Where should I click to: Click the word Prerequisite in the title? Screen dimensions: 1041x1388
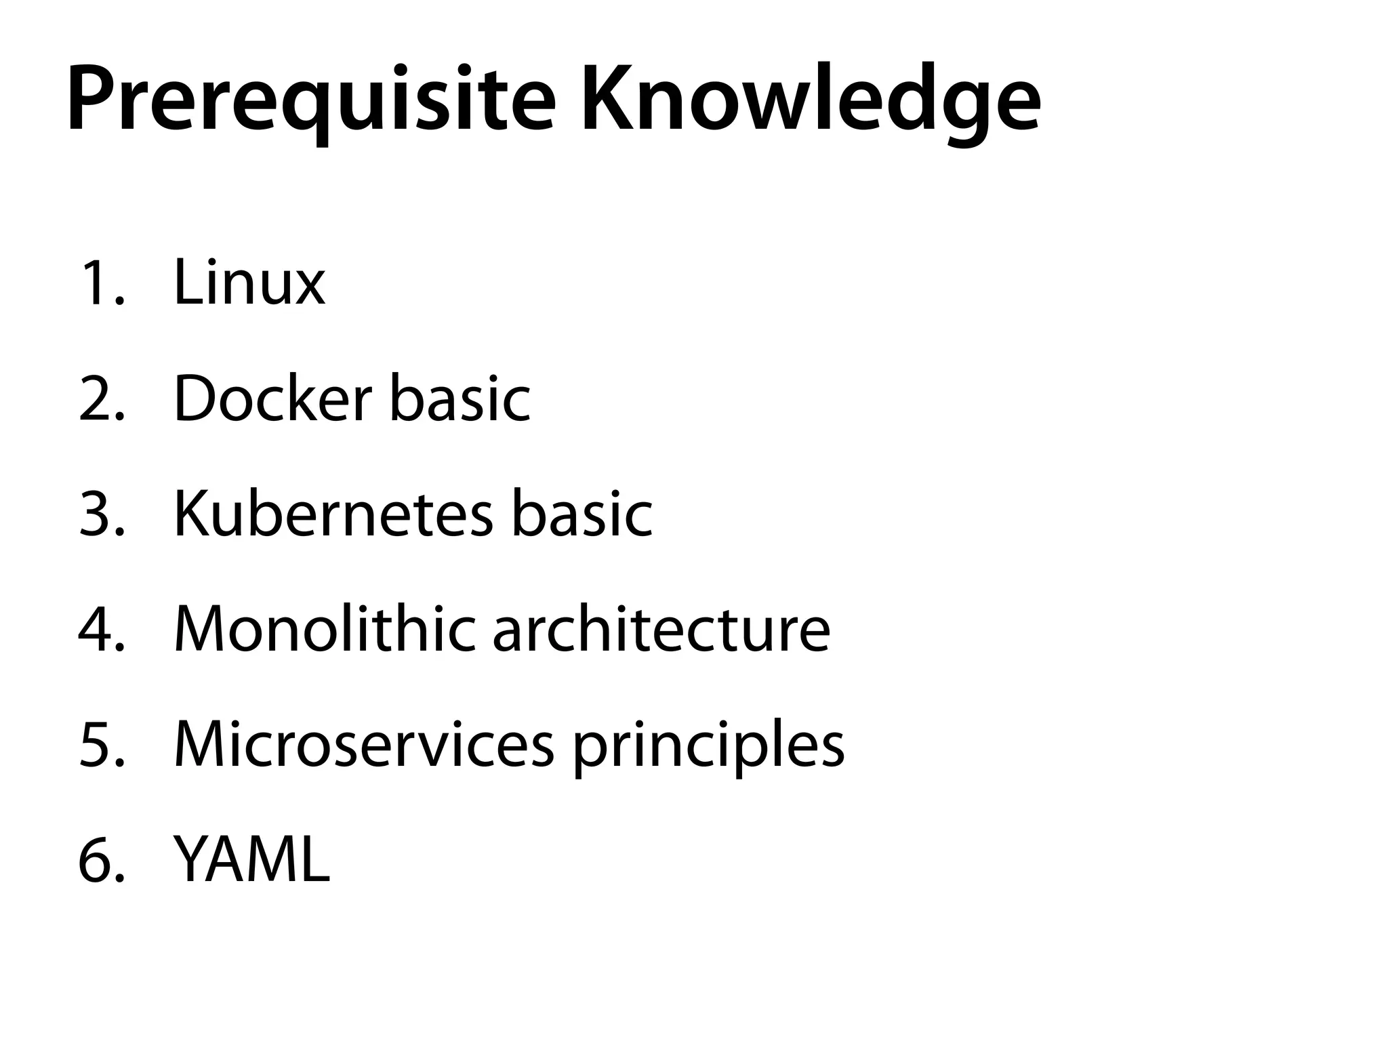click(311, 100)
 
